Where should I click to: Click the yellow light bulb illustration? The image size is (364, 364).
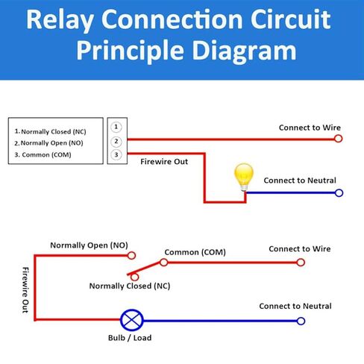(244, 177)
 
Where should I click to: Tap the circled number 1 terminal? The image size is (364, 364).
(116, 127)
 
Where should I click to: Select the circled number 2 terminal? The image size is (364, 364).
(116, 142)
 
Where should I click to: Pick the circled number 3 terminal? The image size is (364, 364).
(116, 155)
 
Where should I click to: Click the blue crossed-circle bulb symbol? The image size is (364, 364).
(132, 320)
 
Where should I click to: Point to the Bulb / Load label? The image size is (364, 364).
(130, 338)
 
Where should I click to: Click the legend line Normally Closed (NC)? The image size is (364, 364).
(51, 131)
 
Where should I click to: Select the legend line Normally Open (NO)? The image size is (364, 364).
(48, 143)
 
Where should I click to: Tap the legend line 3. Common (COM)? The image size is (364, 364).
(43, 154)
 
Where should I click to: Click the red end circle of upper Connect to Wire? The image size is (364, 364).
(338, 139)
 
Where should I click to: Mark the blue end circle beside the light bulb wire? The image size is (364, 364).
(339, 193)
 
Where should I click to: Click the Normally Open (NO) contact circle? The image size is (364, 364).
(131, 255)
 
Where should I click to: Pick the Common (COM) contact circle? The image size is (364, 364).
(164, 263)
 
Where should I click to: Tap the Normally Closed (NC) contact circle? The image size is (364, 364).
(134, 277)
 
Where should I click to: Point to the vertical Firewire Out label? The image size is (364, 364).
(25, 290)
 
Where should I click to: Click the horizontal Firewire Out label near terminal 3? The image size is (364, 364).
(164, 162)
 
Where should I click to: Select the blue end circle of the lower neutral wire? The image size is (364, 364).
(301, 321)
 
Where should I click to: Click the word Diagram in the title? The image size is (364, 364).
(245, 51)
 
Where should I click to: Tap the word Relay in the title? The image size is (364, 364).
(60, 20)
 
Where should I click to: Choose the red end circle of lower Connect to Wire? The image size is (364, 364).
(301, 263)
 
